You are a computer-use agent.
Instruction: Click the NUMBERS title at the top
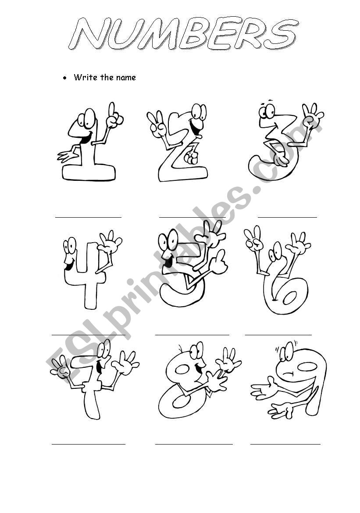coord(183,34)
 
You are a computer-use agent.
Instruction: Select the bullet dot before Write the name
coord(65,78)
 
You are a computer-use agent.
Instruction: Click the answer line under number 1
coord(88,217)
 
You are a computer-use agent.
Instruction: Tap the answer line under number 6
coord(278,335)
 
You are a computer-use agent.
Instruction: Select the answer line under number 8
coord(194,444)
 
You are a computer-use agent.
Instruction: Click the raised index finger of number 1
coord(112,110)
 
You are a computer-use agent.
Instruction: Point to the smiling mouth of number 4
coord(69,265)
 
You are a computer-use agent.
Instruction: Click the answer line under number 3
coord(287,217)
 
